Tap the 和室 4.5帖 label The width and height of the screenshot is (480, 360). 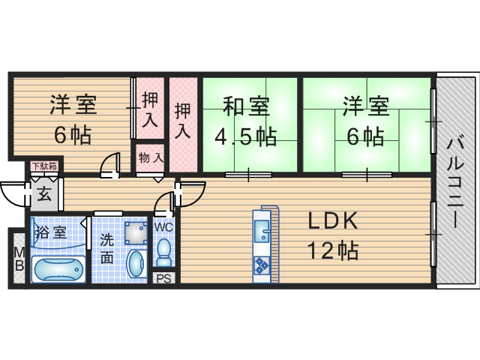[x=244, y=121]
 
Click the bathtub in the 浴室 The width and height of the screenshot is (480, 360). [x=58, y=268]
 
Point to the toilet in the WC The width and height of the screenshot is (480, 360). [x=164, y=250]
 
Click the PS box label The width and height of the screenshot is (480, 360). [x=164, y=278]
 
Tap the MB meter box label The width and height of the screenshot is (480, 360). [x=18, y=259]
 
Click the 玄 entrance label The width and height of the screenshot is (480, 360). [x=44, y=194]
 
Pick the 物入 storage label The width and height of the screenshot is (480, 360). [x=151, y=157]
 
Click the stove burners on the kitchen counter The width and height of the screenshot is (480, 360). [x=262, y=265]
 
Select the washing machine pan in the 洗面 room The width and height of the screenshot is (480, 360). [x=136, y=233]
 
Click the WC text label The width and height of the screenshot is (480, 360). [x=164, y=224]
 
